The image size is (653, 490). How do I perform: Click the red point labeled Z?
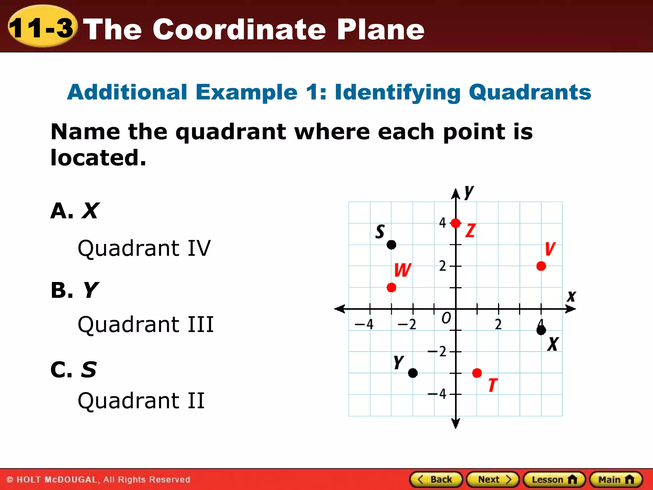pos(456,223)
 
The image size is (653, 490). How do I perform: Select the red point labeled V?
pos(541,266)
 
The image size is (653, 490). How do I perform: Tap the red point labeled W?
pos(391,287)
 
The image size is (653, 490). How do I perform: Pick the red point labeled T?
pos(477,373)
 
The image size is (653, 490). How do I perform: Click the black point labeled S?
pos(391,245)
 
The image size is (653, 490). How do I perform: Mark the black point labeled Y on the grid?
pos(413,373)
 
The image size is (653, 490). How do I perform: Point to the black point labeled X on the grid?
pos(541,330)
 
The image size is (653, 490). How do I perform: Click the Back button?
pos(436,479)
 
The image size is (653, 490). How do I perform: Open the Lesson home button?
pos(554,479)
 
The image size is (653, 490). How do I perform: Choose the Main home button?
pos(616,479)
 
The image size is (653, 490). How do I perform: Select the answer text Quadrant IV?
pos(144,248)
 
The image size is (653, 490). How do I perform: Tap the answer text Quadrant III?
pos(146,324)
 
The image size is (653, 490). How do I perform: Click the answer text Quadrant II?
pos(141,401)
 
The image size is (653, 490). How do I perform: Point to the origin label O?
pos(446,318)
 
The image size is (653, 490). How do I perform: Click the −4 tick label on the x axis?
pos(364,324)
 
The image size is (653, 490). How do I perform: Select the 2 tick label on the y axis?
pos(442,266)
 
